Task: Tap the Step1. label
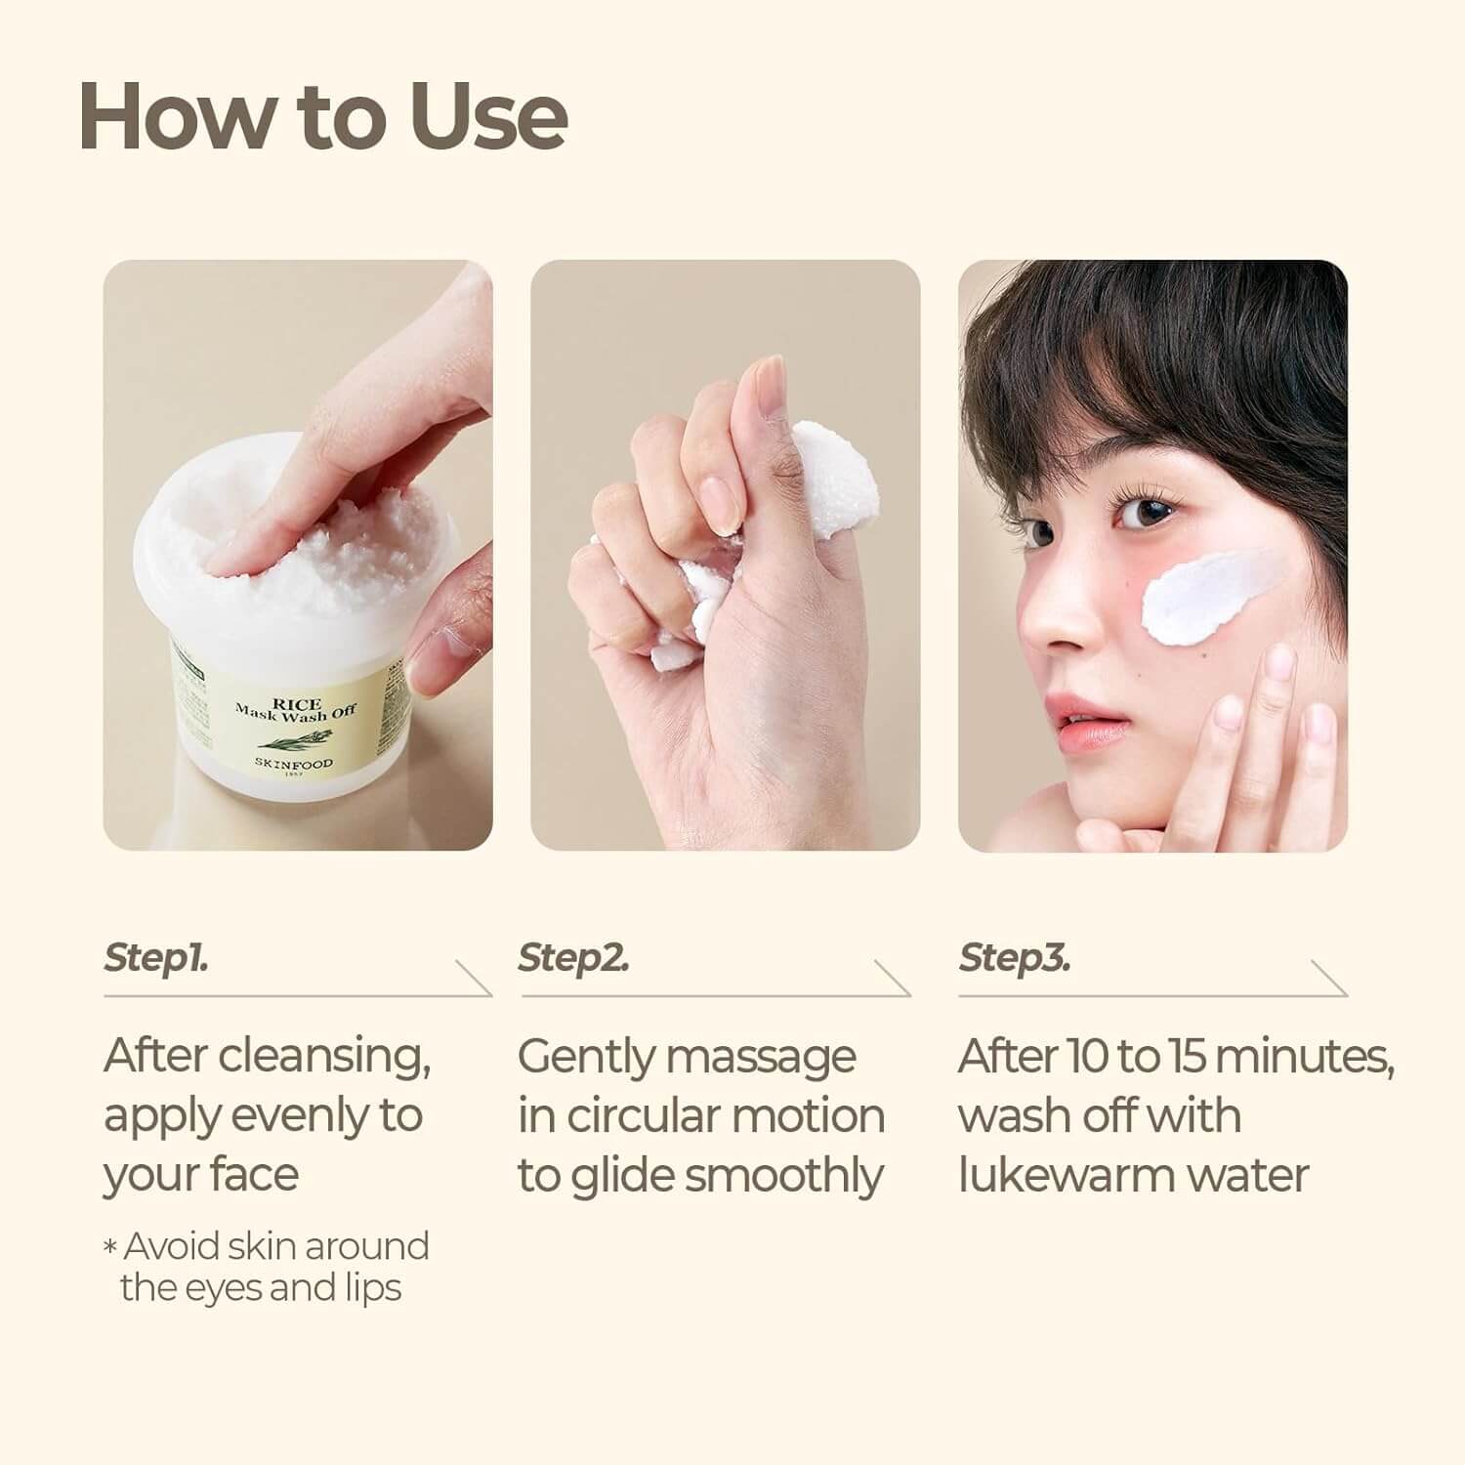(156, 958)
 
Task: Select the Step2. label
(573, 958)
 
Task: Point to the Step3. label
(1015, 958)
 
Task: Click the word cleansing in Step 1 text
(323, 1057)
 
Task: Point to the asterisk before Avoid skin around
(110, 1247)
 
